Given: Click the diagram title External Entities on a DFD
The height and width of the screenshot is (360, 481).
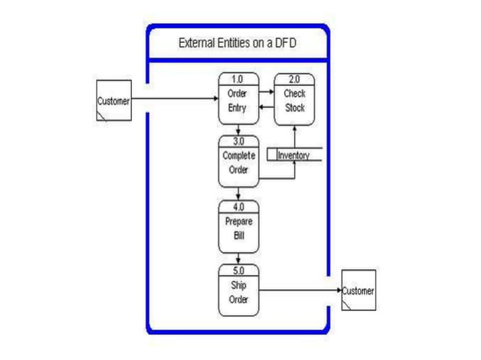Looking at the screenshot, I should pyautogui.click(x=237, y=43).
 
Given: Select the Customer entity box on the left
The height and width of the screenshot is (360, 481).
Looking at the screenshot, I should pyautogui.click(x=113, y=100).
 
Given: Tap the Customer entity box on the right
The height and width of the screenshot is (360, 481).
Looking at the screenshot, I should pyautogui.click(x=357, y=290).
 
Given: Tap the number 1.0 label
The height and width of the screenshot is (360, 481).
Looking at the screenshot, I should pyautogui.click(x=237, y=78).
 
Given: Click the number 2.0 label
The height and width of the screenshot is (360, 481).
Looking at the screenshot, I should pyautogui.click(x=294, y=78).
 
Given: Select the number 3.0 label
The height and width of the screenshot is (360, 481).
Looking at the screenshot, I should pyautogui.click(x=237, y=141).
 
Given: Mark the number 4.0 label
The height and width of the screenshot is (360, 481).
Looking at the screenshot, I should pyautogui.click(x=237, y=206).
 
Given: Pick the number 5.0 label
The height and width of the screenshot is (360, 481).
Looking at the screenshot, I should pyautogui.click(x=237, y=270).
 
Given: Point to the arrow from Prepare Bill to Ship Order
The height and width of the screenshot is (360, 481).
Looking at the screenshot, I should pyautogui.click(x=238, y=258).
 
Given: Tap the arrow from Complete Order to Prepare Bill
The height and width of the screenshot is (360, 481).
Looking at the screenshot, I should pyautogui.click(x=238, y=194).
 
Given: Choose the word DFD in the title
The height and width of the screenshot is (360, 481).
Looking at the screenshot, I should pyautogui.click(x=285, y=43).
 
